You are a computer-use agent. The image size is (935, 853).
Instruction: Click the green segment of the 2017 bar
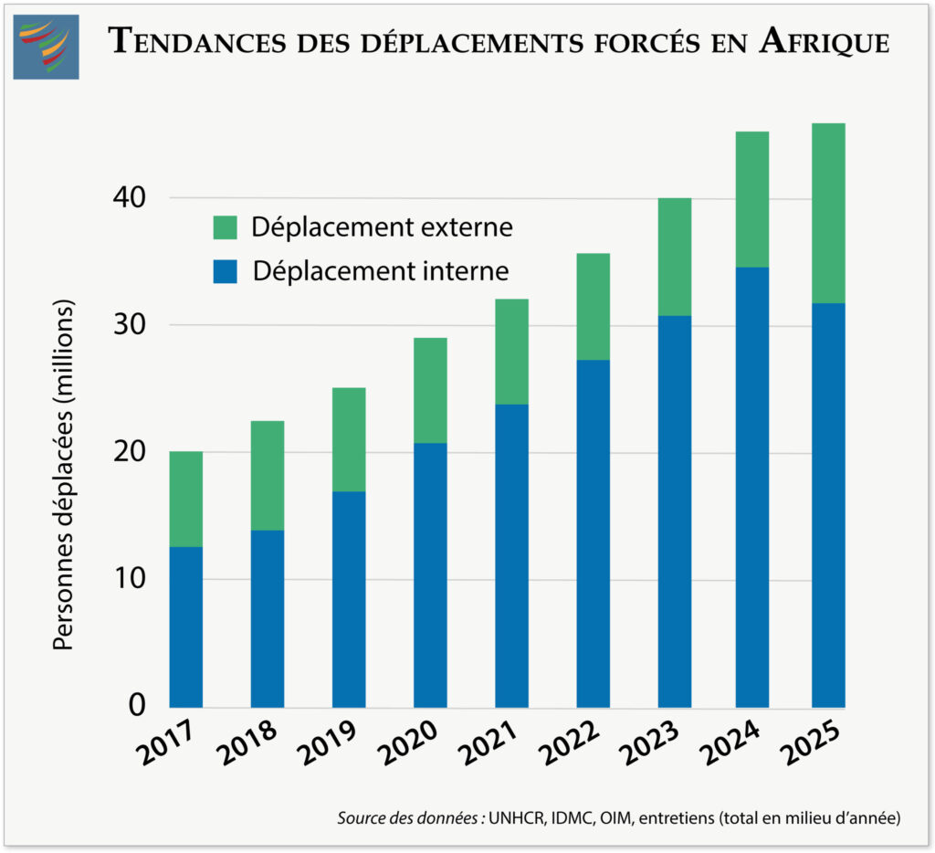coord(186,499)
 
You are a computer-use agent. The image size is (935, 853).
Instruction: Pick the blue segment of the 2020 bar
coord(430,574)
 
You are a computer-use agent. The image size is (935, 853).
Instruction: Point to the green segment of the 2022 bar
coord(594,306)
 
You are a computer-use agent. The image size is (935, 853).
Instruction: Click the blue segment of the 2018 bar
coord(268,618)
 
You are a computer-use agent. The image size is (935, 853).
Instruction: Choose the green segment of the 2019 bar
coord(349,439)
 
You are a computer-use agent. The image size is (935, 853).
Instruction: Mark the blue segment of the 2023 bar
coord(674,511)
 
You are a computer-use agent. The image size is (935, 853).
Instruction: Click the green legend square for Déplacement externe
coord(225,227)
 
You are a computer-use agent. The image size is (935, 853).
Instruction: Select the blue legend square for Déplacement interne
coord(225,271)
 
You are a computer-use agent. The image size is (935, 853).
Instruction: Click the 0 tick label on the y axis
coord(138,704)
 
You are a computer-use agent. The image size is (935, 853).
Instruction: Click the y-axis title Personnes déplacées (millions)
coord(63,474)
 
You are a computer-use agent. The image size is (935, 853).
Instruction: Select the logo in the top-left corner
coord(46,47)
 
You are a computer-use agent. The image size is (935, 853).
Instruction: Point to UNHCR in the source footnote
coord(517,818)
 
